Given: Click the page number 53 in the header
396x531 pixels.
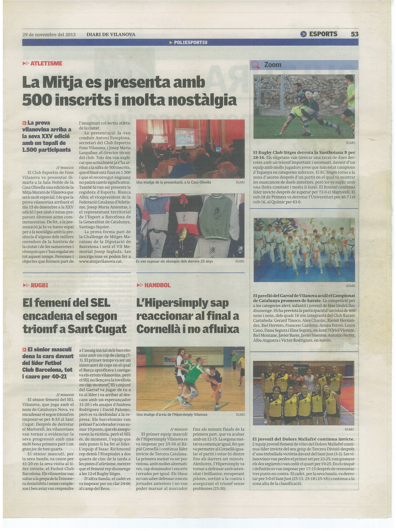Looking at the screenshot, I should click(354, 34).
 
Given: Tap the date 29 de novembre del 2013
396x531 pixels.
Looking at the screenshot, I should click(49, 34).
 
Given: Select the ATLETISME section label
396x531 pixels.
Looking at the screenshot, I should click(46, 63).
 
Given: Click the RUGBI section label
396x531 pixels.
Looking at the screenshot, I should click(39, 285).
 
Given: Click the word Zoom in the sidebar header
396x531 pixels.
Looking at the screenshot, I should click(272, 65).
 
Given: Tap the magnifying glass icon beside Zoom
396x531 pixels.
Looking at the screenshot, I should click(256, 65).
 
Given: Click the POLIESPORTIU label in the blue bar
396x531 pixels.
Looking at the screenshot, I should click(190, 42).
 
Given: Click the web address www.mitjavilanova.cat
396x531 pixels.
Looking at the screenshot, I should click(101, 261).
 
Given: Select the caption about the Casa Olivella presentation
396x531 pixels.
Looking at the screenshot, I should click(173, 182).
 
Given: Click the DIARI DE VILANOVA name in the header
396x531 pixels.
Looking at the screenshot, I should click(110, 34).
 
